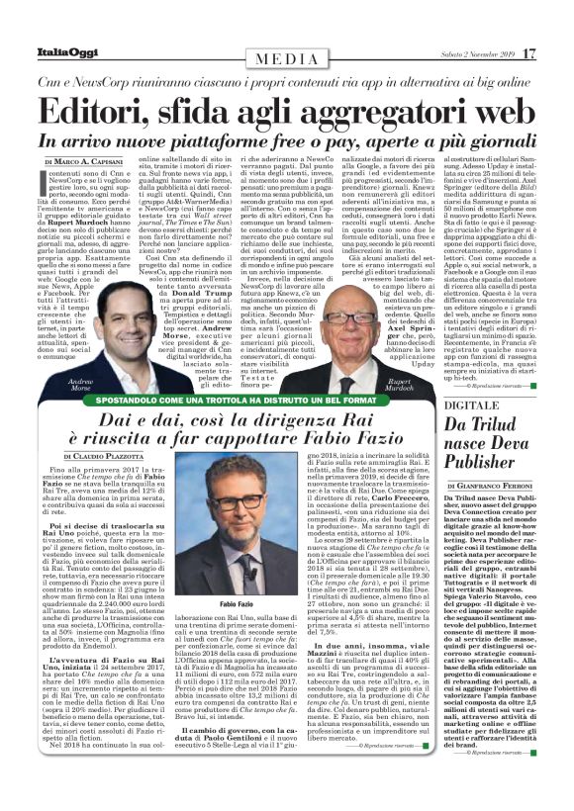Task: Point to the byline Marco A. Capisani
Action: [89, 161]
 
